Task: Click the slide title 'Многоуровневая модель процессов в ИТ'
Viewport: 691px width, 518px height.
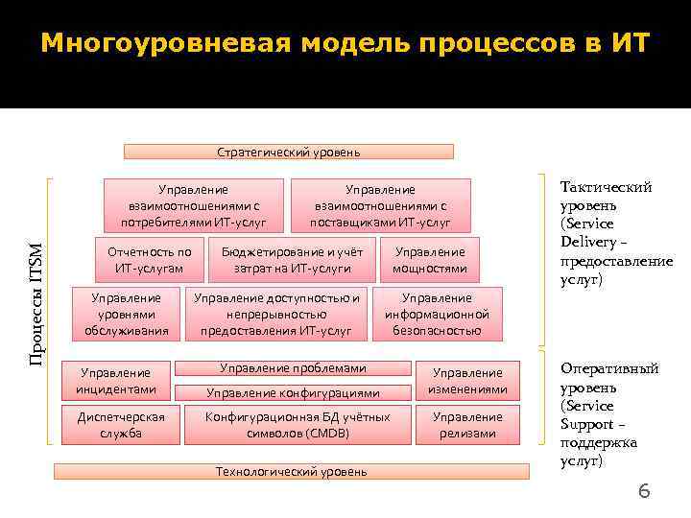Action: click(x=345, y=44)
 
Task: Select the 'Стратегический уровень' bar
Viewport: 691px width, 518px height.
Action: click(x=289, y=152)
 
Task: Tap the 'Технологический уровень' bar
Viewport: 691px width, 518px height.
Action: click(x=292, y=472)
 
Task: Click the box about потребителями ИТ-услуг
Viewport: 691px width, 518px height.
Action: click(x=193, y=206)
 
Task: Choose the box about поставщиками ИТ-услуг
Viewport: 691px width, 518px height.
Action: click(x=380, y=206)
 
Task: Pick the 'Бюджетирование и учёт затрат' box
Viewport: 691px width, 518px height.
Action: click(x=293, y=260)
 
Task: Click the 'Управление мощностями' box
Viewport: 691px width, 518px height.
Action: click(x=430, y=260)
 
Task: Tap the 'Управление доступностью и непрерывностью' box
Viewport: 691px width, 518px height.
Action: click(x=276, y=314)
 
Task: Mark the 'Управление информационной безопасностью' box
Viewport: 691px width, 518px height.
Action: click(x=437, y=314)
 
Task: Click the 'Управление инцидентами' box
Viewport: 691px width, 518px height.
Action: click(x=115, y=380)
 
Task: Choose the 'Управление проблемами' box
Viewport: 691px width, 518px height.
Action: click(x=293, y=368)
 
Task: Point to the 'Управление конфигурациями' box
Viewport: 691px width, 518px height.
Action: click(x=293, y=392)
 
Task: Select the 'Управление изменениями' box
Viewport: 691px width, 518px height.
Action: click(x=467, y=380)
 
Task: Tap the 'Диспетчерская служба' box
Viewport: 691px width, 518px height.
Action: click(x=115, y=425)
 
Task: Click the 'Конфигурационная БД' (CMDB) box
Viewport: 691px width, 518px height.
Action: click(x=298, y=425)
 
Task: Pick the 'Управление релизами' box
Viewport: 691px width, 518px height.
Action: click(x=467, y=425)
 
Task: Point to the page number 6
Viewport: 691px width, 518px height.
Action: click(x=644, y=491)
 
